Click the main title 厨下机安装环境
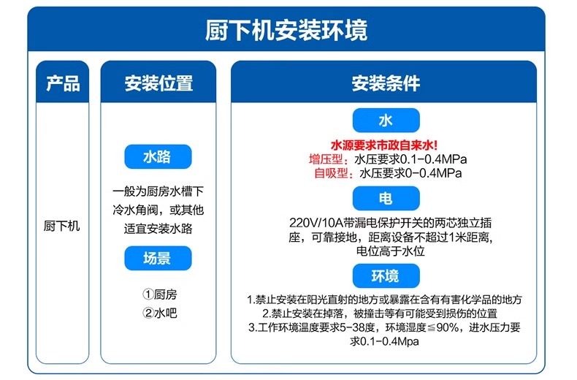tap(286, 30)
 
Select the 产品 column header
tap(63, 83)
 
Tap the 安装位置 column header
tap(158, 83)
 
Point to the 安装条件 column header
tap(386, 83)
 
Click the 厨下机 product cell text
tap(62, 225)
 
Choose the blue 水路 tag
tap(158, 157)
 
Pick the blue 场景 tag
tap(158, 258)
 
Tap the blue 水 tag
tap(386, 120)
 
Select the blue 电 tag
tap(386, 199)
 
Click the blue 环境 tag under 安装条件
tap(386, 275)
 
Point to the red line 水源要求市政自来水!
tap(384, 145)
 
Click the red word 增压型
tap(326, 159)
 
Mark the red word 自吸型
tap(331, 173)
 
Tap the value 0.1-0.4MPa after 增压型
tap(434, 159)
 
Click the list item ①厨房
tap(160, 294)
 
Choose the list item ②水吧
tap(160, 313)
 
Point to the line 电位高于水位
tap(391, 251)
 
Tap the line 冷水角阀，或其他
tap(158, 210)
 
